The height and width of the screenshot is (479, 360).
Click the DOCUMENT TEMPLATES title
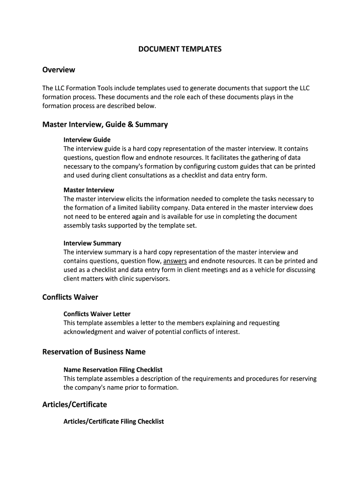point(180,49)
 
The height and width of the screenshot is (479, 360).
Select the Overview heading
point(58,70)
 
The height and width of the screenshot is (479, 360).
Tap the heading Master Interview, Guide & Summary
point(105,124)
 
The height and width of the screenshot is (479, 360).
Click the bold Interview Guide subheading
point(87,139)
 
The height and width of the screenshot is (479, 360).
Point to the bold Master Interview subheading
point(89,190)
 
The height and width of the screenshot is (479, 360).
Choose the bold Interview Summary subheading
point(92,243)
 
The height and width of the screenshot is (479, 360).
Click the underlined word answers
point(175,261)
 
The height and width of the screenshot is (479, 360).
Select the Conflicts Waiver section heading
point(70,297)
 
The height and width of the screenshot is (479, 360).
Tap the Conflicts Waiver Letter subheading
point(97,314)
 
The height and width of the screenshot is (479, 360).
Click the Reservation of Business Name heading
point(94,352)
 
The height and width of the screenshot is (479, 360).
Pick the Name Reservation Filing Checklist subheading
point(113,370)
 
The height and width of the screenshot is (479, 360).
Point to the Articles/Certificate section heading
point(75,404)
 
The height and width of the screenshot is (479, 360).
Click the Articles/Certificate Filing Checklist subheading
point(114,421)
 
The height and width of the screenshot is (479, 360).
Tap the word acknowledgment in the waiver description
point(88,332)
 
